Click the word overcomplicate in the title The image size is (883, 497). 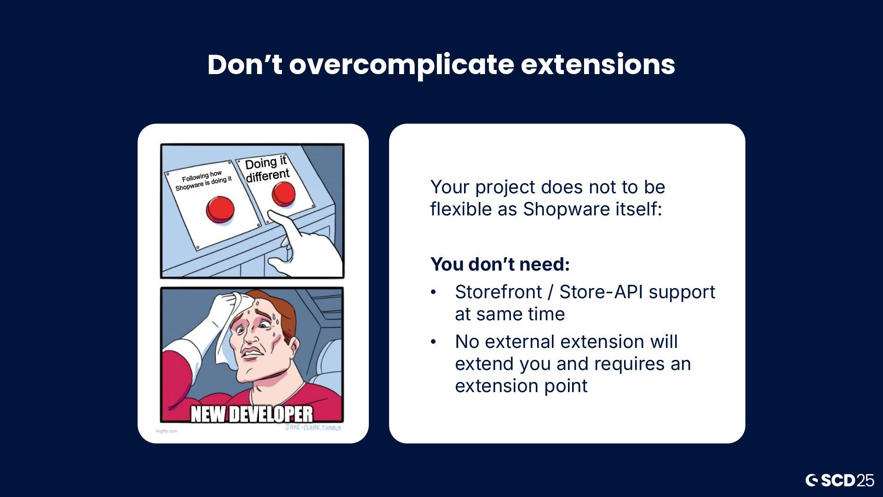pyautogui.click(x=401, y=65)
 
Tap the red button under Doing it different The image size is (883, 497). pyautogui.click(x=283, y=194)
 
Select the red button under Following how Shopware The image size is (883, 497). pyautogui.click(x=220, y=209)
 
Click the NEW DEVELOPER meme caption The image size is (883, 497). pyautogui.click(x=252, y=414)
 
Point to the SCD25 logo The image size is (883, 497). pyautogui.click(x=840, y=480)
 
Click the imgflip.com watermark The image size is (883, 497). pyautogui.click(x=166, y=431)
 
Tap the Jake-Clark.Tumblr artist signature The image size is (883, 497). pyautogui.click(x=313, y=428)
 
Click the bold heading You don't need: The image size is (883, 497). pyautogui.click(x=500, y=264)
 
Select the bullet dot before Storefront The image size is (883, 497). pyautogui.click(x=433, y=292)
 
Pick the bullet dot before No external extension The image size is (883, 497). pyautogui.click(x=433, y=342)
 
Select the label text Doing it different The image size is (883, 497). pyautogui.click(x=267, y=169)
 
